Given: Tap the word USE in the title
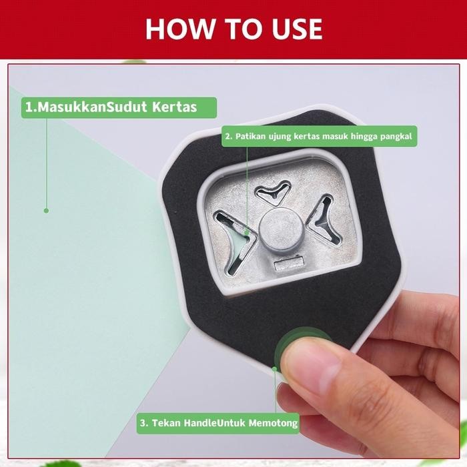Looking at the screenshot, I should click(x=292, y=29).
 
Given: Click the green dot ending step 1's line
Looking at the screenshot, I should click(x=46, y=210).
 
